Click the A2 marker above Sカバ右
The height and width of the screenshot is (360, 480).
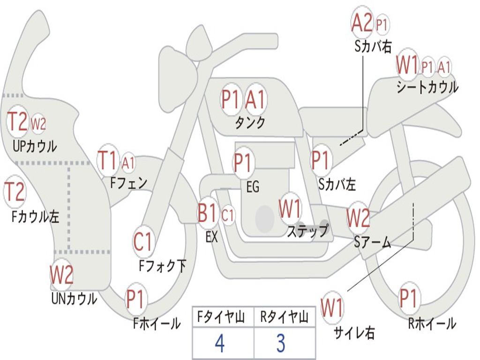click(x=362, y=22)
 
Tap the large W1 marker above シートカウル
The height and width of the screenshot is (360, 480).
click(x=407, y=65)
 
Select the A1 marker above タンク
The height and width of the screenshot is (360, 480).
click(x=255, y=99)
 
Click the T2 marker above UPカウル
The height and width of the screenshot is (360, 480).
click(x=18, y=122)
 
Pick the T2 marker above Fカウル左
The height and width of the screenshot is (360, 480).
click(x=15, y=192)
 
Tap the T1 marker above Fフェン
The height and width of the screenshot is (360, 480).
click(x=108, y=161)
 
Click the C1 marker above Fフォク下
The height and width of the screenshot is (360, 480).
click(x=143, y=242)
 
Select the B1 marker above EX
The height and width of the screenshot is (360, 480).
click(x=208, y=214)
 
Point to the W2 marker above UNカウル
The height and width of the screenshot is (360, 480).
click(x=62, y=275)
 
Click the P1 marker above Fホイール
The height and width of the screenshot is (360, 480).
click(x=136, y=299)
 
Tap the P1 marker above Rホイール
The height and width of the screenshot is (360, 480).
click(x=408, y=298)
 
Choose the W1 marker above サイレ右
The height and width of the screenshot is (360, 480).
click(x=332, y=308)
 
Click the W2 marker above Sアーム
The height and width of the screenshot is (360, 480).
click(x=358, y=217)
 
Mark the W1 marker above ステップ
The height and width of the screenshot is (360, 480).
click(x=290, y=209)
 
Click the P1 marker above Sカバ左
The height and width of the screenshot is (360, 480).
click(x=322, y=159)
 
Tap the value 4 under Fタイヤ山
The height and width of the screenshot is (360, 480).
click(x=219, y=344)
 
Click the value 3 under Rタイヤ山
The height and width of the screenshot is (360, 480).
click(x=281, y=344)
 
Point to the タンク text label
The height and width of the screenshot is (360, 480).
click(x=250, y=123)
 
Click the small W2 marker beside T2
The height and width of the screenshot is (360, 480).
click(x=38, y=124)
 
